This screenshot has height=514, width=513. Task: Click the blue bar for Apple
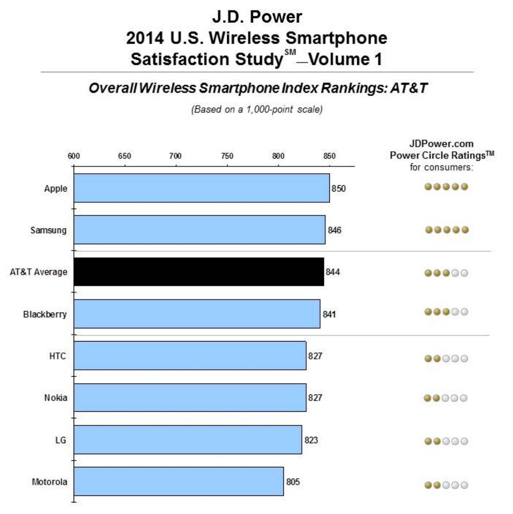click(201, 188)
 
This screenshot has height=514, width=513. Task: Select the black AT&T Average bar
click(199, 272)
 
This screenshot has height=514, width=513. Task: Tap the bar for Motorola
click(179, 481)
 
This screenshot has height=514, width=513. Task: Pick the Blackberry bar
click(197, 314)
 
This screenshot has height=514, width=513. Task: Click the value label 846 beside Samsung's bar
click(334, 230)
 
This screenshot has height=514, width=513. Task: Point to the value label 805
click(293, 482)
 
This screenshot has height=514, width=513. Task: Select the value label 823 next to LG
click(311, 440)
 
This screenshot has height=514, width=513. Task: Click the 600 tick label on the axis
click(74, 156)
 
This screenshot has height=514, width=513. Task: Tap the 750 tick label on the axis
click(227, 156)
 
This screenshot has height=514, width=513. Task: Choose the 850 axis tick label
click(329, 156)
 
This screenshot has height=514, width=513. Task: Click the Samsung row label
click(49, 230)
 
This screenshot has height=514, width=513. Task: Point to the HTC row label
click(57, 356)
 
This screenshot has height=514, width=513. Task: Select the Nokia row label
click(56, 397)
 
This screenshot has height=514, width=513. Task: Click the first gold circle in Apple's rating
click(428, 187)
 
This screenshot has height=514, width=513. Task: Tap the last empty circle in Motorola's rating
click(464, 485)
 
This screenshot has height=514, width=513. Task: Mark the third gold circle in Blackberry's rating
click(446, 311)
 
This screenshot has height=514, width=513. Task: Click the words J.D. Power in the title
click(257, 17)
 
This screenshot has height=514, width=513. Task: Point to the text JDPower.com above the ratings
click(441, 144)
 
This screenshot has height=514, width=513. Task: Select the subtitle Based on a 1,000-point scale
click(257, 110)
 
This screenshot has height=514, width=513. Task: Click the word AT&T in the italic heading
click(409, 88)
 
